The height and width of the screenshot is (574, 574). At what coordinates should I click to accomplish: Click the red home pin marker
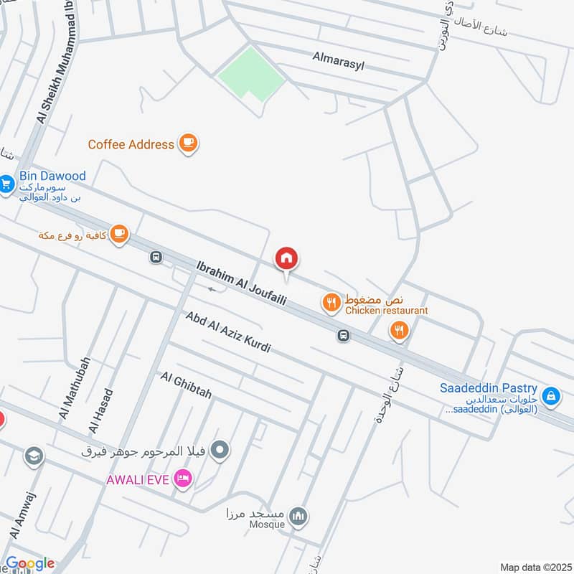click(x=286, y=258)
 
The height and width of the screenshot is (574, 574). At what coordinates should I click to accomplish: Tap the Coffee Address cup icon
click(x=189, y=143)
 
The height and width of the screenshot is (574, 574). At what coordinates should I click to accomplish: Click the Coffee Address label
click(x=131, y=144)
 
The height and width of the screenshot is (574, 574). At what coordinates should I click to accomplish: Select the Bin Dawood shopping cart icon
click(x=6, y=184)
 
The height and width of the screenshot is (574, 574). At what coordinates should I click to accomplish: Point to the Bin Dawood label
click(x=53, y=176)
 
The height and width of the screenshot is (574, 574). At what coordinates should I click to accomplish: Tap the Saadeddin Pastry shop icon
click(x=550, y=395)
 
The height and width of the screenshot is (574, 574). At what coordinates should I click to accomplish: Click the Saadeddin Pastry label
click(x=489, y=389)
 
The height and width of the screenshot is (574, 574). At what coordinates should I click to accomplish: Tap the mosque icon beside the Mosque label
click(x=299, y=515)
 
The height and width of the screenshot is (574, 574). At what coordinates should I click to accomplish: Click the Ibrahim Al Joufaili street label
click(x=241, y=283)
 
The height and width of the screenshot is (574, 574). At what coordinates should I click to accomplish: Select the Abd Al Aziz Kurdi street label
click(x=227, y=332)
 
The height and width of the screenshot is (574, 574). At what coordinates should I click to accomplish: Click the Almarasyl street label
click(x=338, y=64)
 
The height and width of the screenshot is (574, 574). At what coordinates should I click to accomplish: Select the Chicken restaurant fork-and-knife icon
click(x=331, y=303)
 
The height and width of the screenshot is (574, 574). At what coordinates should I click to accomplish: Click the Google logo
click(x=30, y=564)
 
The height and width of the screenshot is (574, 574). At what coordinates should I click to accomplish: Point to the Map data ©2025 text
click(x=534, y=567)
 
